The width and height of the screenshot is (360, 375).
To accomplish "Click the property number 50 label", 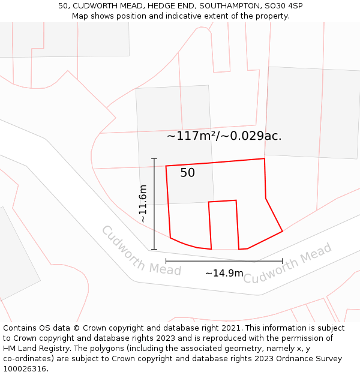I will coord(187,173).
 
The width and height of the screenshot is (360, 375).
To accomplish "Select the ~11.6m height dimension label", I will coord(143,204).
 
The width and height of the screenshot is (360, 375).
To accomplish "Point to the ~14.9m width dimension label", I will coord(224,274).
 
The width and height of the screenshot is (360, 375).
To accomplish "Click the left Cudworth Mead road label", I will coord(141,251).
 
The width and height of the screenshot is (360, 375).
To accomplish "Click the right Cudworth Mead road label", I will coord(287,264).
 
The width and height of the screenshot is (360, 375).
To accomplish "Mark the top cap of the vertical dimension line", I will coord(154,158).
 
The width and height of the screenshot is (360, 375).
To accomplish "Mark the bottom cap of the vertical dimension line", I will coord(154,249).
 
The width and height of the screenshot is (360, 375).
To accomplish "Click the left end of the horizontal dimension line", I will coord(166,261).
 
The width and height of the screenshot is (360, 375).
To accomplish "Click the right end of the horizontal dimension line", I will coord(282,261).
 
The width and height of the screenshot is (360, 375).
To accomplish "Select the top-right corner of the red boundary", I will coord(265,159).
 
